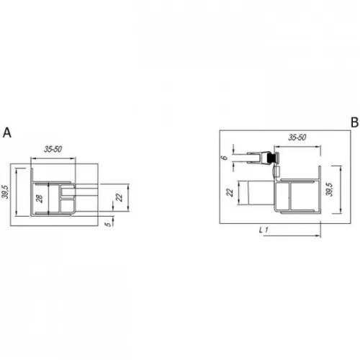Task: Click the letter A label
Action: pyautogui.click(x=7, y=132)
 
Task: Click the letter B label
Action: pyautogui.click(x=354, y=122)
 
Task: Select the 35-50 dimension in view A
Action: pyautogui.click(x=53, y=149)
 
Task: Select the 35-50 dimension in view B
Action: pyautogui.click(x=297, y=138)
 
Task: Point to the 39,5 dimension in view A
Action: pyautogui.click(x=5, y=192)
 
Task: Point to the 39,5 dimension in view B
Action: pyautogui.click(x=330, y=189)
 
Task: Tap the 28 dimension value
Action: pyautogui.click(x=39, y=199)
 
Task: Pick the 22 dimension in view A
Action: pyautogui.click(x=120, y=197)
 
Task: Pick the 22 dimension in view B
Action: pyautogui.click(x=230, y=192)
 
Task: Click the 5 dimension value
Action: pyautogui.click(x=109, y=224)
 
